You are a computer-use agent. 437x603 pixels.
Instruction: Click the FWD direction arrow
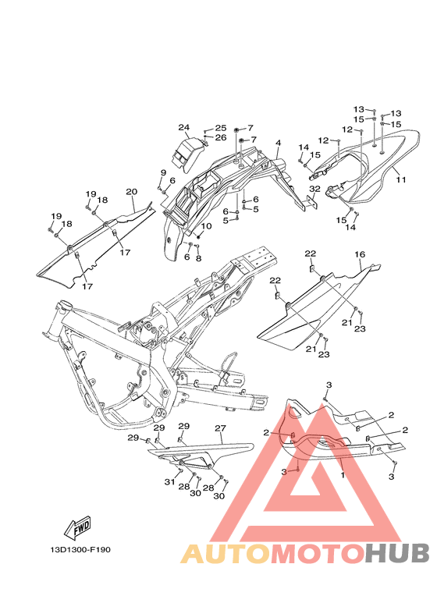pyautogui.click(x=77, y=526)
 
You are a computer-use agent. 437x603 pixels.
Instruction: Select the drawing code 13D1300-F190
pyautogui.click(x=80, y=549)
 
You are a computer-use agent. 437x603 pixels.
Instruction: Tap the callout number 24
pyautogui.click(x=184, y=127)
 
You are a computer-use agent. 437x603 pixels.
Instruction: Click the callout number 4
pyautogui.click(x=278, y=143)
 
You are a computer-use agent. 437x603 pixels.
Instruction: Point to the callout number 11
pyautogui.click(x=401, y=179)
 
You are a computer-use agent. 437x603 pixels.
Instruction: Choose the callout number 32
pyautogui.click(x=314, y=189)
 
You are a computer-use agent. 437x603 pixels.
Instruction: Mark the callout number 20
pyautogui.click(x=132, y=192)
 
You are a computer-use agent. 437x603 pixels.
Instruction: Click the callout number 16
pyautogui.click(x=360, y=254)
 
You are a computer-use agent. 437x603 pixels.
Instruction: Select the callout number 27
pyautogui.click(x=220, y=428)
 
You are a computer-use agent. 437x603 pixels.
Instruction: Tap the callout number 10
pyautogui.click(x=206, y=225)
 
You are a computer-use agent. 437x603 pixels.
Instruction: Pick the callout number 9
pyautogui.click(x=163, y=172)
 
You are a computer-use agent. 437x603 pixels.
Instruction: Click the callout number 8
pyautogui.click(x=198, y=258)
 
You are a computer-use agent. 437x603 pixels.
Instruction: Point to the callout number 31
pyautogui.click(x=169, y=482)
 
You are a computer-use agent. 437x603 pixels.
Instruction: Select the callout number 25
pyautogui.click(x=221, y=128)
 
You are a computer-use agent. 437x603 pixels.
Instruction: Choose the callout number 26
pyautogui.click(x=221, y=137)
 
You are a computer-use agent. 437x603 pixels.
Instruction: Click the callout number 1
pyautogui.click(x=343, y=475)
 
